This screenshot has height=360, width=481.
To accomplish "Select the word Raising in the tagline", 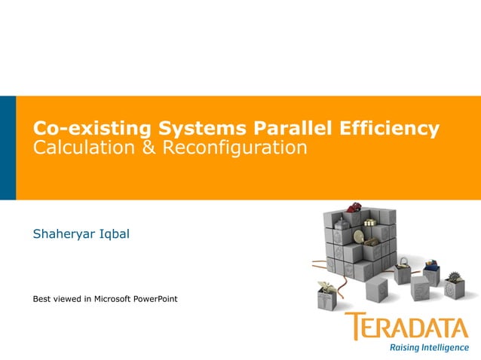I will tap(406, 348).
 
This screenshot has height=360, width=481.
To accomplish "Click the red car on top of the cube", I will tap(354, 208).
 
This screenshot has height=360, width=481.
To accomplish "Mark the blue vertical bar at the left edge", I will tap(8, 148).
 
